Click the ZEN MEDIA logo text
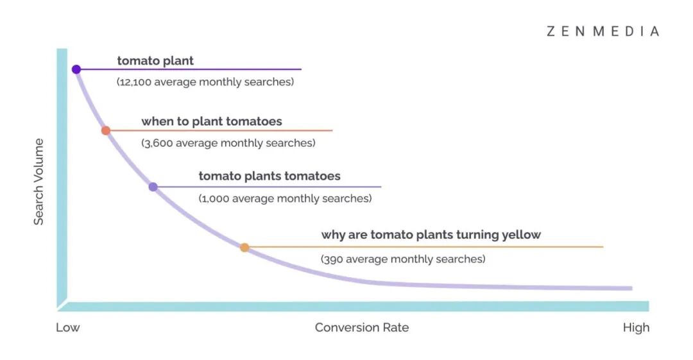point(603,31)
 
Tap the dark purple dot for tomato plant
point(76,69)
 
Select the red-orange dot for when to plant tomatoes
point(106,130)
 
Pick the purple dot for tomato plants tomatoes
point(153,187)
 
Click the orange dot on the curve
point(244,247)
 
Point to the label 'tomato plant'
point(155,61)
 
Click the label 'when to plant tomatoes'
point(212,121)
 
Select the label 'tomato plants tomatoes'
point(269,176)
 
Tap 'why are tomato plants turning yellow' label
point(431,235)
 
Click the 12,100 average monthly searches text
point(205,82)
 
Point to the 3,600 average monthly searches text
point(228,143)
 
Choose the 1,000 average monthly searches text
point(285,199)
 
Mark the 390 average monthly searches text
point(403,259)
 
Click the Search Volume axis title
point(39,182)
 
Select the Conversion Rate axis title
point(361,328)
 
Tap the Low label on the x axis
point(68,328)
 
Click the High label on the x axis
point(636,328)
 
